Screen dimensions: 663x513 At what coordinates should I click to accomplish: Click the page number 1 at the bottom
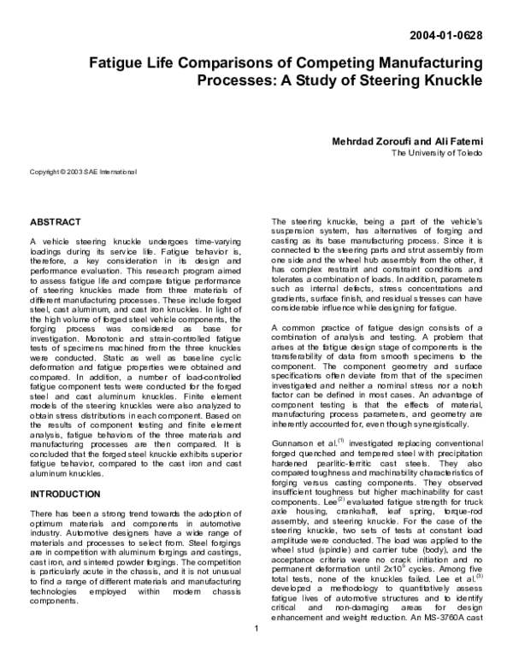click(256, 654)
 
